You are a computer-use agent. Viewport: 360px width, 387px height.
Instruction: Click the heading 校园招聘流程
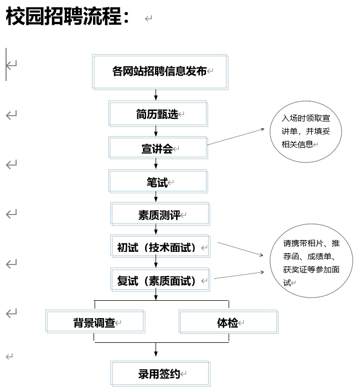click(x=67, y=17)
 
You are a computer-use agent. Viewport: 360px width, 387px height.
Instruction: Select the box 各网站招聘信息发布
click(x=160, y=72)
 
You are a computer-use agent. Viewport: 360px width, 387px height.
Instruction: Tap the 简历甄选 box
click(x=158, y=114)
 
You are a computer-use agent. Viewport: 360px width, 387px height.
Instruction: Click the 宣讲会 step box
click(x=158, y=148)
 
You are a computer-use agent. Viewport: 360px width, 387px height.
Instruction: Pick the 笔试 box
click(x=158, y=182)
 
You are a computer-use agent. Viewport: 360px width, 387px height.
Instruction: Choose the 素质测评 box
click(x=160, y=215)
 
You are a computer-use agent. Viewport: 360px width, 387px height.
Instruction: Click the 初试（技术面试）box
click(x=160, y=247)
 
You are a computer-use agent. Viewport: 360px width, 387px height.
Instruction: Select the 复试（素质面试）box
click(x=160, y=280)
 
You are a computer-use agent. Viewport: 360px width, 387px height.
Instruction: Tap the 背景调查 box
click(x=95, y=322)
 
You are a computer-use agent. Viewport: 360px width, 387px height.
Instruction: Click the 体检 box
click(x=228, y=322)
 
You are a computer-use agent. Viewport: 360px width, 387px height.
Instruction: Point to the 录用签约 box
click(x=160, y=374)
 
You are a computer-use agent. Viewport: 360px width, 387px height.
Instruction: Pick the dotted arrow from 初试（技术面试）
click(x=240, y=249)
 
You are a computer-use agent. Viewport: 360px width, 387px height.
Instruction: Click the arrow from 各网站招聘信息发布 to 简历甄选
click(x=156, y=95)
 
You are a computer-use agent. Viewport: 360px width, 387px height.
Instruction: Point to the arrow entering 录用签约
click(x=156, y=351)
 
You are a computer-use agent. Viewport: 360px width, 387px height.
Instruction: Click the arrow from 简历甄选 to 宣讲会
click(x=156, y=131)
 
